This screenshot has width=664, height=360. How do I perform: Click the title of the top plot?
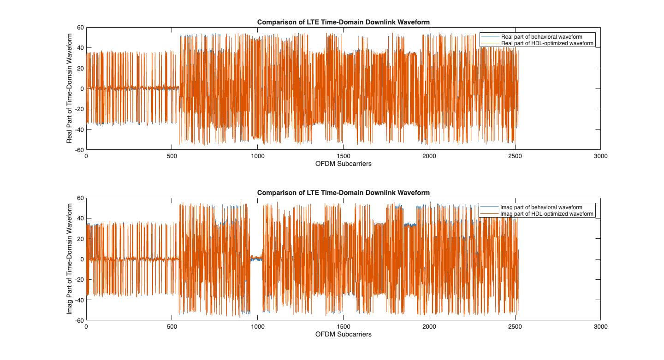tap(343, 22)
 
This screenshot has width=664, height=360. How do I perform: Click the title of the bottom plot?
tap(343, 193)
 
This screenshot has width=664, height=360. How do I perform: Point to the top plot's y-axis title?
tap(70, 89)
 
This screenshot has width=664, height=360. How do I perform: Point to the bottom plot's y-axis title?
tap(70, 259)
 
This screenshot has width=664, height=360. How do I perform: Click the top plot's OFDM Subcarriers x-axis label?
tap(343, 164)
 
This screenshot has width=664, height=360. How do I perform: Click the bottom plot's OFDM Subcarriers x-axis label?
tap(343, 334)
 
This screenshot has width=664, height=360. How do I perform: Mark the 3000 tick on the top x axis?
tap(600, 156)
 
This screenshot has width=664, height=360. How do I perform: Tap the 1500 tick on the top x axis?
tap(343, 156)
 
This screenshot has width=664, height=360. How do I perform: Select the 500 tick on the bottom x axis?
tap(172, 327)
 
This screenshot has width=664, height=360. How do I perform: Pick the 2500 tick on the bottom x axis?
tap(515, 327)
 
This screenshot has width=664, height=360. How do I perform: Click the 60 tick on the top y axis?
tap(80, 28)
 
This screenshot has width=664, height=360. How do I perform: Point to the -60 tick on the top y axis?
tap(78, 150)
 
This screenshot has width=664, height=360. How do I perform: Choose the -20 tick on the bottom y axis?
tap(78, 280)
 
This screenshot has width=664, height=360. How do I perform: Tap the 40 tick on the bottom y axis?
tap(80, 218)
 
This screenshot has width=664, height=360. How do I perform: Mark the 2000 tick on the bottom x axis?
tap(429, 327)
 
